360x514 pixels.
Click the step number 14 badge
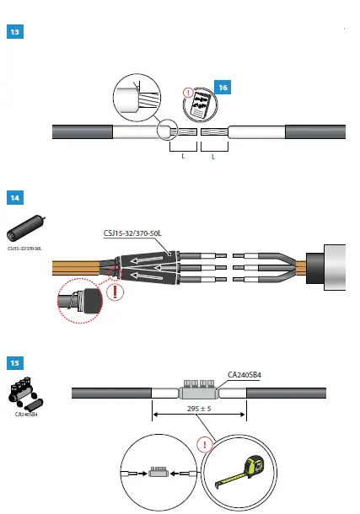click(x=16, y=198)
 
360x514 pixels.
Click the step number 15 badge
click(x=16, y=363)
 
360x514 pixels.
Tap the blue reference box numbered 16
click(x=223, y=88)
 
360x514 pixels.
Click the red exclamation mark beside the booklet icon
click(x=188, y=93)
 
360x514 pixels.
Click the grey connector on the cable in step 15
click(x=199, y=393)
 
